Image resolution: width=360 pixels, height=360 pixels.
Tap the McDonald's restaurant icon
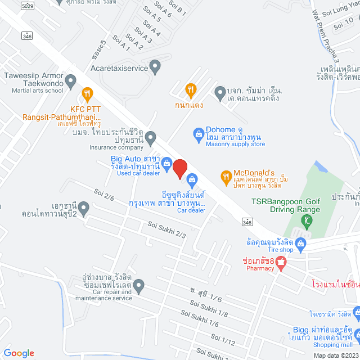tap(226, 177)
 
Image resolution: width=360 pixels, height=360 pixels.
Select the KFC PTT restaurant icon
tap(87, 93)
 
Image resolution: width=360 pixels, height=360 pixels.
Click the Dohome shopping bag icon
tap(198, 133)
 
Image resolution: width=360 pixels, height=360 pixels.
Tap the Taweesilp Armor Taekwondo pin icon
tap(71, 83)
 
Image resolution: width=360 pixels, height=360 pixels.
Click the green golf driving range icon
tap(306, 220)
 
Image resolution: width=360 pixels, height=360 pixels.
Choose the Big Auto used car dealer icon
tap(167, 164)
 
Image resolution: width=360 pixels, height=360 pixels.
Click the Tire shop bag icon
tap(300, 244)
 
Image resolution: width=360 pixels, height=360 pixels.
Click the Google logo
tap(19, 353)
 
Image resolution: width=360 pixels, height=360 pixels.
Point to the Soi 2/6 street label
tap(104, 197)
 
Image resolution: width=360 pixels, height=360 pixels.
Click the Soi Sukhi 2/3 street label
tap(166, 230)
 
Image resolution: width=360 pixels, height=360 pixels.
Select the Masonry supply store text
tap(235, 145)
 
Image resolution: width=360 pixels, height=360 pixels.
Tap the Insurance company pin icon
tap(150, 137)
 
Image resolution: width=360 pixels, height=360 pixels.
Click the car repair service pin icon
tap(139, 285)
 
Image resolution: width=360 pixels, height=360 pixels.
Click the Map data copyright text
tap(335, 355)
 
